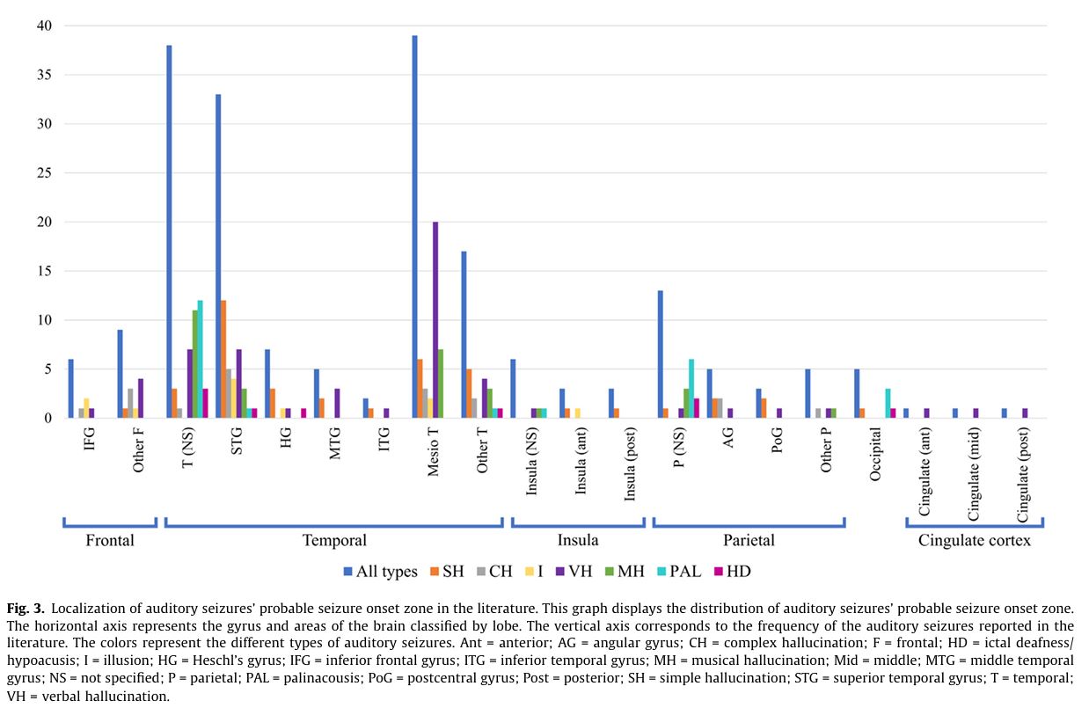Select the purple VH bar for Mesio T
coord(435,320)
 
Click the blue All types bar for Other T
coord(464,335)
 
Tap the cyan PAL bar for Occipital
coord(888,404)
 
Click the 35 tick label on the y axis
coord(44,75)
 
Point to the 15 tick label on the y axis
coord(44,271)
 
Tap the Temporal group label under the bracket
coord(333,540)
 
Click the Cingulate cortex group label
coord(975,540)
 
